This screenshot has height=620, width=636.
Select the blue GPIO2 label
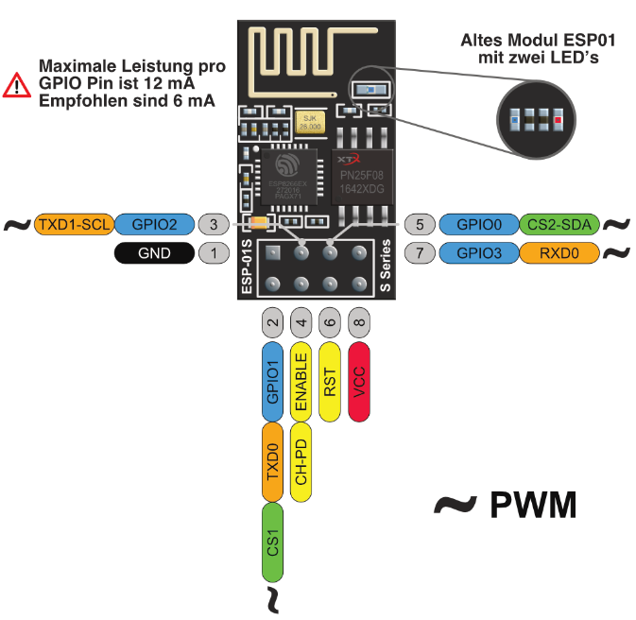(x=155, y=225)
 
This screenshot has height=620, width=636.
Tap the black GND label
(x=155, y=253)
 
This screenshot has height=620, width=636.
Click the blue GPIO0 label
(x=478, y=225)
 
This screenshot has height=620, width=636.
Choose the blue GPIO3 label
(x=478, y=253)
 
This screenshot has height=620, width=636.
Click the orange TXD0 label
(x=272, y=462)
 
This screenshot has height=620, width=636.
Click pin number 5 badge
(x=420, y=225)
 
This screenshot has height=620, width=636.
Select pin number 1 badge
(x=215, y=253)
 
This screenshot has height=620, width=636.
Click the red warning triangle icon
(x=17, y=86)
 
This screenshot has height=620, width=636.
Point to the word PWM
(x=533, y=506)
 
